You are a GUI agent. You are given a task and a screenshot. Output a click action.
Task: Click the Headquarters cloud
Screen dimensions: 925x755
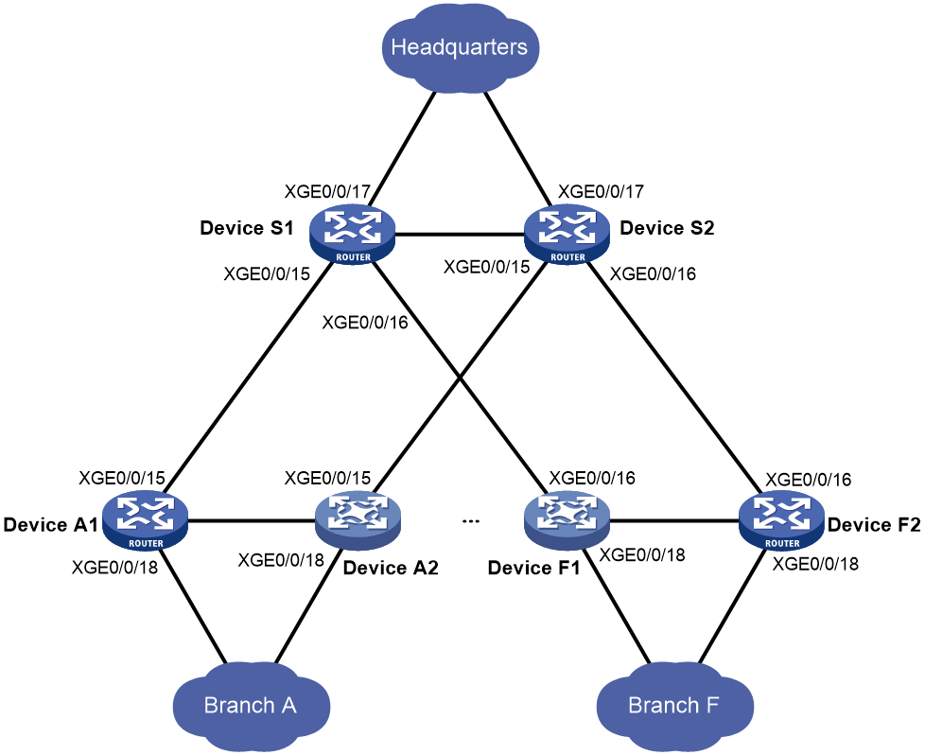tap(461, 48)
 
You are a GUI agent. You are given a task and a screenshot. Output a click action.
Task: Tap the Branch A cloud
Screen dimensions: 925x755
tap(252, 706)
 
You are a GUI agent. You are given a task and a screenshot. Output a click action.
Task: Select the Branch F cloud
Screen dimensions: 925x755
tap(675, 706)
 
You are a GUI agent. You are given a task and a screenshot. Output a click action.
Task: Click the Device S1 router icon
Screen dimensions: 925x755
tap(352, 235)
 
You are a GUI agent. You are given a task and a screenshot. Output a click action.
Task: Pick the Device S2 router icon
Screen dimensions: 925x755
tap(567, 235)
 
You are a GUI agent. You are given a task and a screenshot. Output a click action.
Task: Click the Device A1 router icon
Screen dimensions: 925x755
tap(145, 521)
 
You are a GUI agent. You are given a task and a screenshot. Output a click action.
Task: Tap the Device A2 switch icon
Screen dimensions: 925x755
tap(358, 521)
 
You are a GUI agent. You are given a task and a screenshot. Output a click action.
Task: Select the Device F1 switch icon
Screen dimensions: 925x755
tap(567, 521)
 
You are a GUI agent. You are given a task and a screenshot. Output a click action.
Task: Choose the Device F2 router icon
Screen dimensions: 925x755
tap(781, 521)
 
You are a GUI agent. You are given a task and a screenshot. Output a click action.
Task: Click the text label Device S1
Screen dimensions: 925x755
tap(247, 228)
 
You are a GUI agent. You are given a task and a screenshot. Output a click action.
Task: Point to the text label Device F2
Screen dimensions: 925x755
tap(874, 525)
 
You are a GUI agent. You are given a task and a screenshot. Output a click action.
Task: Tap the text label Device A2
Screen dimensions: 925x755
tap(391, 568)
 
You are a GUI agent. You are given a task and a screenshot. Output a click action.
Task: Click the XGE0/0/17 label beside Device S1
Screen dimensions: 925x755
tap(327, 192)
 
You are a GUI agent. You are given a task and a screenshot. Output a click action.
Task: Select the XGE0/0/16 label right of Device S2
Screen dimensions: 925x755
tap(653, 274)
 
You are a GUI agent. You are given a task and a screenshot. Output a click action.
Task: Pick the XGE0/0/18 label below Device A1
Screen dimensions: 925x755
tap(114, 568)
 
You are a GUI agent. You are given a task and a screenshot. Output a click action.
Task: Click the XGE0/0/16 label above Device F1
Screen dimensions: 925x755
tap(592, 478)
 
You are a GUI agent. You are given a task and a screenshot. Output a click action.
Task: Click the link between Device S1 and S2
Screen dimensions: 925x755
tap(460, 236)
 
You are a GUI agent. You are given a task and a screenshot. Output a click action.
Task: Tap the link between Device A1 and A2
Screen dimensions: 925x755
tap(252, 521)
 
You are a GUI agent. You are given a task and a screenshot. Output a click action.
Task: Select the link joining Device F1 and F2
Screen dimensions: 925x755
tap(674, 521)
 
